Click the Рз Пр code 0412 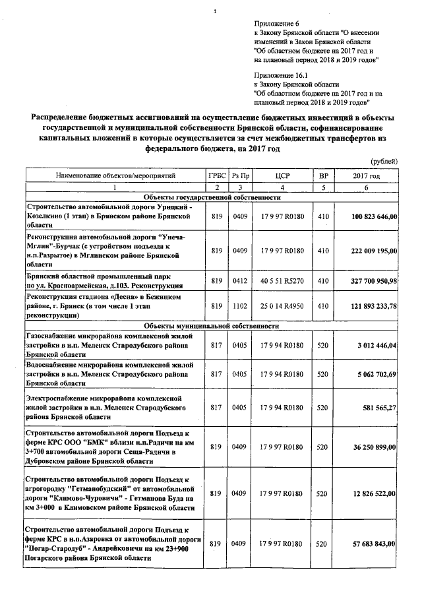[x=239, y=281]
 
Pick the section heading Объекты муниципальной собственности [x=212, y=326]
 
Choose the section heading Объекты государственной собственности [x=212, y=197]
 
